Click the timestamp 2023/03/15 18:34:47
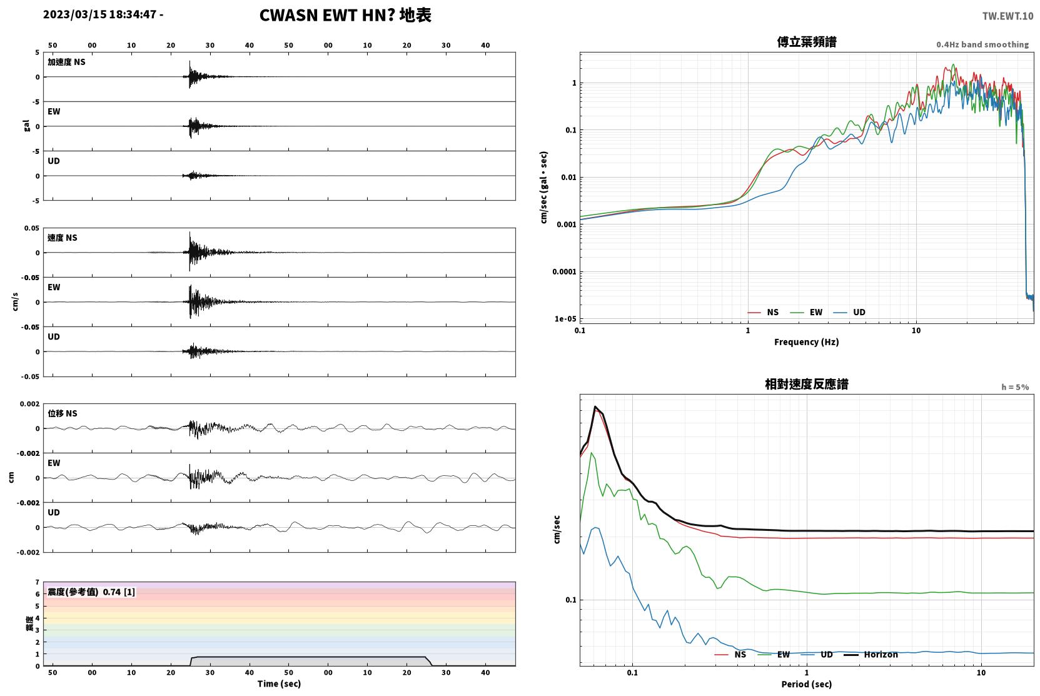100,14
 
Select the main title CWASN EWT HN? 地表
345,16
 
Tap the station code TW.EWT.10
1007,16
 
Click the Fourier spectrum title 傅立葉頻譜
807,43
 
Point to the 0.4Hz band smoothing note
982,44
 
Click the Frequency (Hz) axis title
807,342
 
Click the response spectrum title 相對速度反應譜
807,385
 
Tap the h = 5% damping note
1015,387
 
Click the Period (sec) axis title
807,684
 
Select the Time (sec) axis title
279,683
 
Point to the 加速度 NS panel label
66,62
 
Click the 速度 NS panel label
62,238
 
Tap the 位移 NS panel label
62,413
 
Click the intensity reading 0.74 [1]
119,592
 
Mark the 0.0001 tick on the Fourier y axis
564,271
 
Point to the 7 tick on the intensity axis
37,582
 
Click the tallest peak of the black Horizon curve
595,406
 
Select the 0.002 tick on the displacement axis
29,404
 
